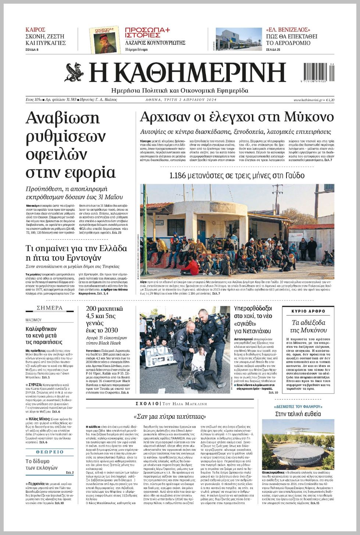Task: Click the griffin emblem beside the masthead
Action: (74, 72)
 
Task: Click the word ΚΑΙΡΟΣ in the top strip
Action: (35, 30)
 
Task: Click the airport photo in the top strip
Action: (239, 39)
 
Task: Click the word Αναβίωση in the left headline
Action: (63, 118)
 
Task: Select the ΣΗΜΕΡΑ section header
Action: (50, 308)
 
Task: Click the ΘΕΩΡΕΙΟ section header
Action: (50, 452)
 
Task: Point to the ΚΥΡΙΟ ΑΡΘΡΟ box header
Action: (308, 311)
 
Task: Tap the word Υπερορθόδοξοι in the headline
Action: (253, 308)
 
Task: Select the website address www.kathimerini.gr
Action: (308, 100)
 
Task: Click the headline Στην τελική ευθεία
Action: (298, 414)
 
